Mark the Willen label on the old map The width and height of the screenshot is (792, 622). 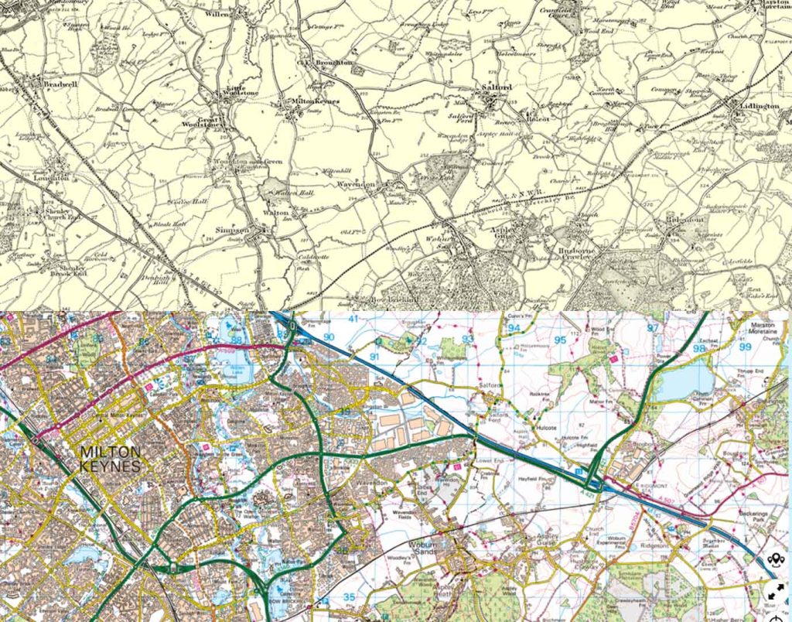[218, 14]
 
